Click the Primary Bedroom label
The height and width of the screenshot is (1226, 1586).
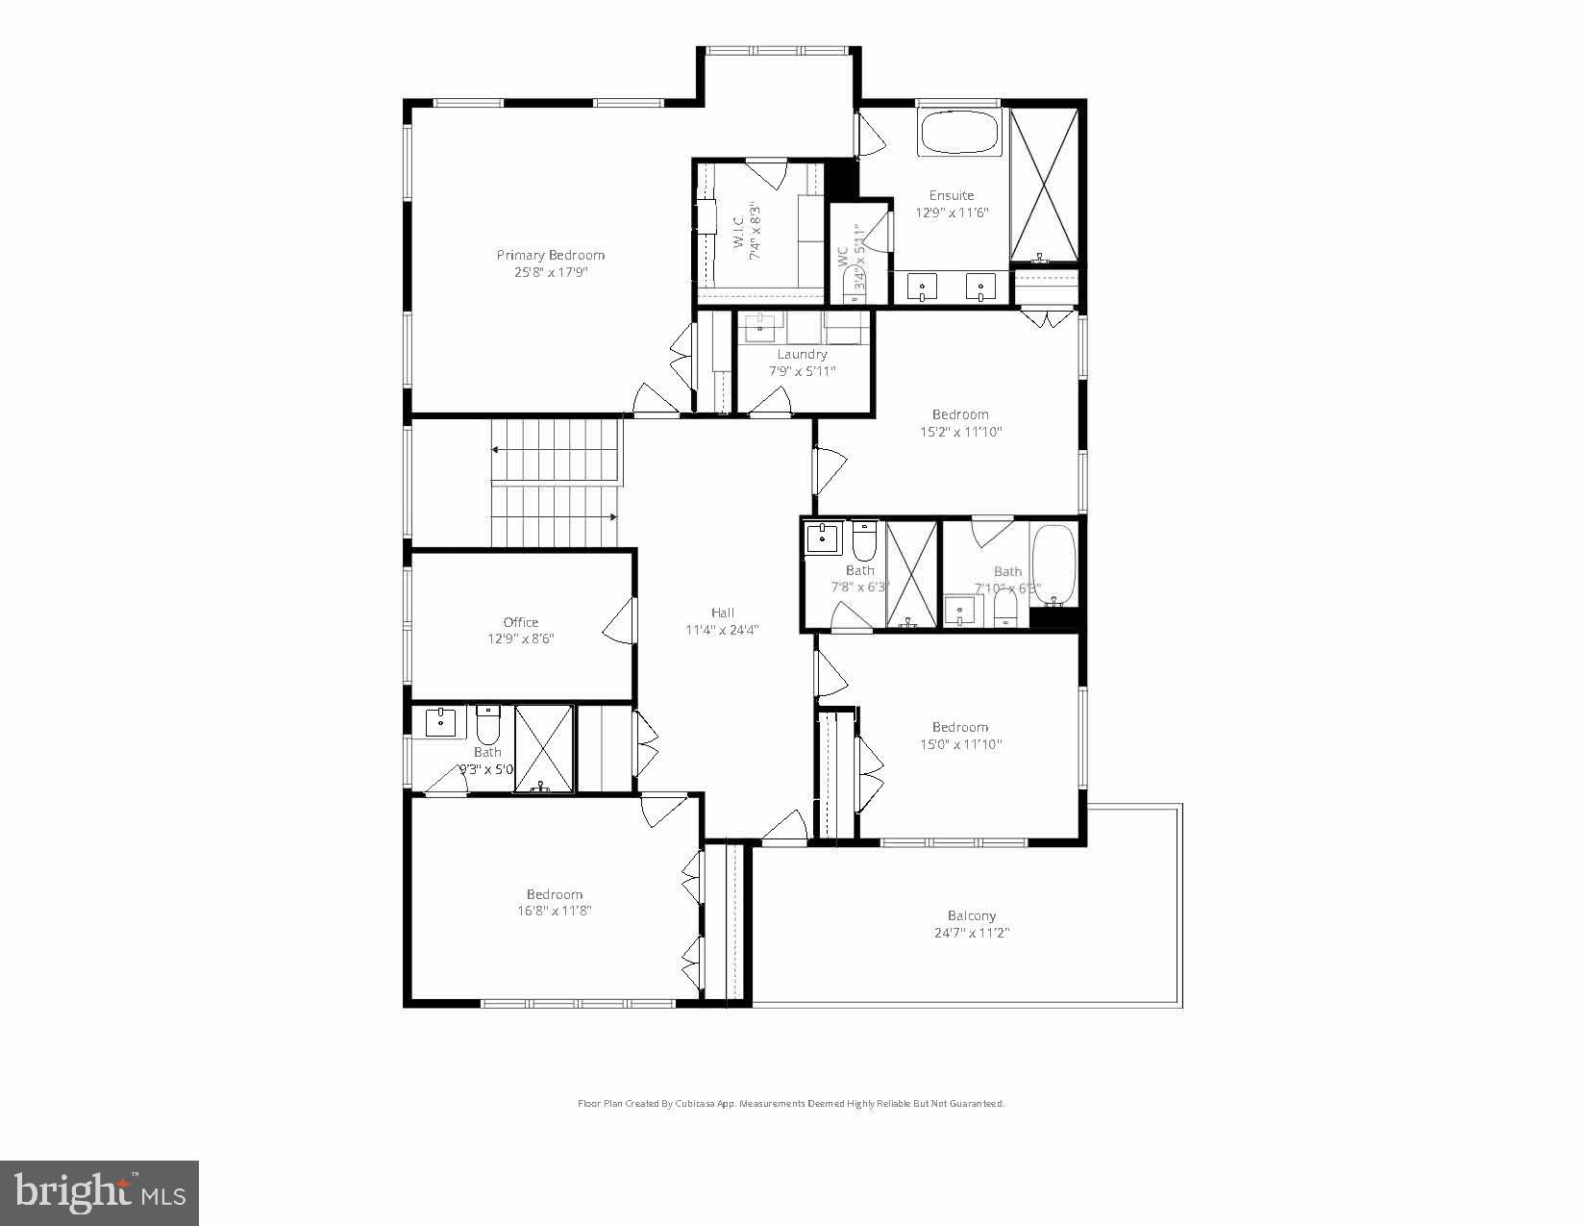pyautogui.click(x=550, y=255)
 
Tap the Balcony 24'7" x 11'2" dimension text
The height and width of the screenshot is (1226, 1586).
pyautogui.click(x=971, y=933)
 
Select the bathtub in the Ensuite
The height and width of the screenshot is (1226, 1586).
pyautogui.click(x=960, y=134)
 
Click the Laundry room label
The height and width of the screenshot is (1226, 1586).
pyautogui.click(x=802, y=355)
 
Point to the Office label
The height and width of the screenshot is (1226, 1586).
pyautogui.click(x=521, y=622)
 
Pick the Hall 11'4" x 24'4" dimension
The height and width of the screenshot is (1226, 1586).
pyautogui.click(x=722, y=631)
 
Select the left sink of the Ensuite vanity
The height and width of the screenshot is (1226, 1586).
pyautogui.click(x=924, y=286)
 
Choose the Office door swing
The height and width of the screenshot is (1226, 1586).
pyautogui.click(x=620, y=623)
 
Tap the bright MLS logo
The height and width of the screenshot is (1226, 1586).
pyautogui.click(x=100, y=1193)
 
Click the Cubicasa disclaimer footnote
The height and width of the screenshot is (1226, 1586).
pyautogui.click(x=790, y=1104)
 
